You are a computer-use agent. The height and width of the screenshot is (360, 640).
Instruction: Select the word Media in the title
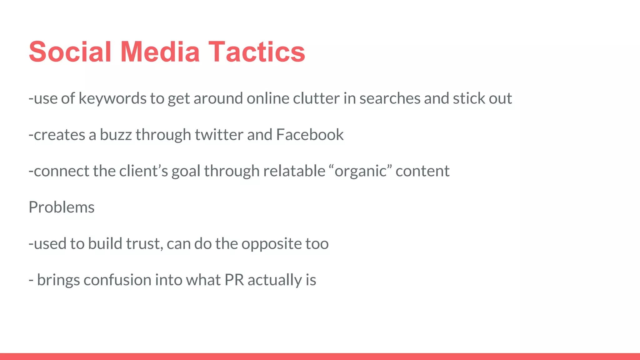coord(160,52)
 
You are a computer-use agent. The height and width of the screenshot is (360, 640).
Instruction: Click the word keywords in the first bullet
coord(112,99)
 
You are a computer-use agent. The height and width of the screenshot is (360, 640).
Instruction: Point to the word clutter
coord(316,99)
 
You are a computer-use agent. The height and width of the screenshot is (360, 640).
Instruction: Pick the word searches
coord(390,99)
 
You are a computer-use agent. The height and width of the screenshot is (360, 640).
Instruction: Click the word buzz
coord(116,135)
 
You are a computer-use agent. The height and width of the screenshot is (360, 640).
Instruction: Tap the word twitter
coord(219,135)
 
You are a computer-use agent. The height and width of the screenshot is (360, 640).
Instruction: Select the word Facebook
coord(310,135)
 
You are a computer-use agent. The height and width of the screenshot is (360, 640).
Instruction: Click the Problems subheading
coord(62,207)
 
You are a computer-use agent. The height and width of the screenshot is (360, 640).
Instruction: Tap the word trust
coord(145,244)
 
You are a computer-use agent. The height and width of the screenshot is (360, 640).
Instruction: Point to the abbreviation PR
coord(234,280)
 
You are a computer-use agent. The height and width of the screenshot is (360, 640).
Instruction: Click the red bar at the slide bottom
coord(320,356)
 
